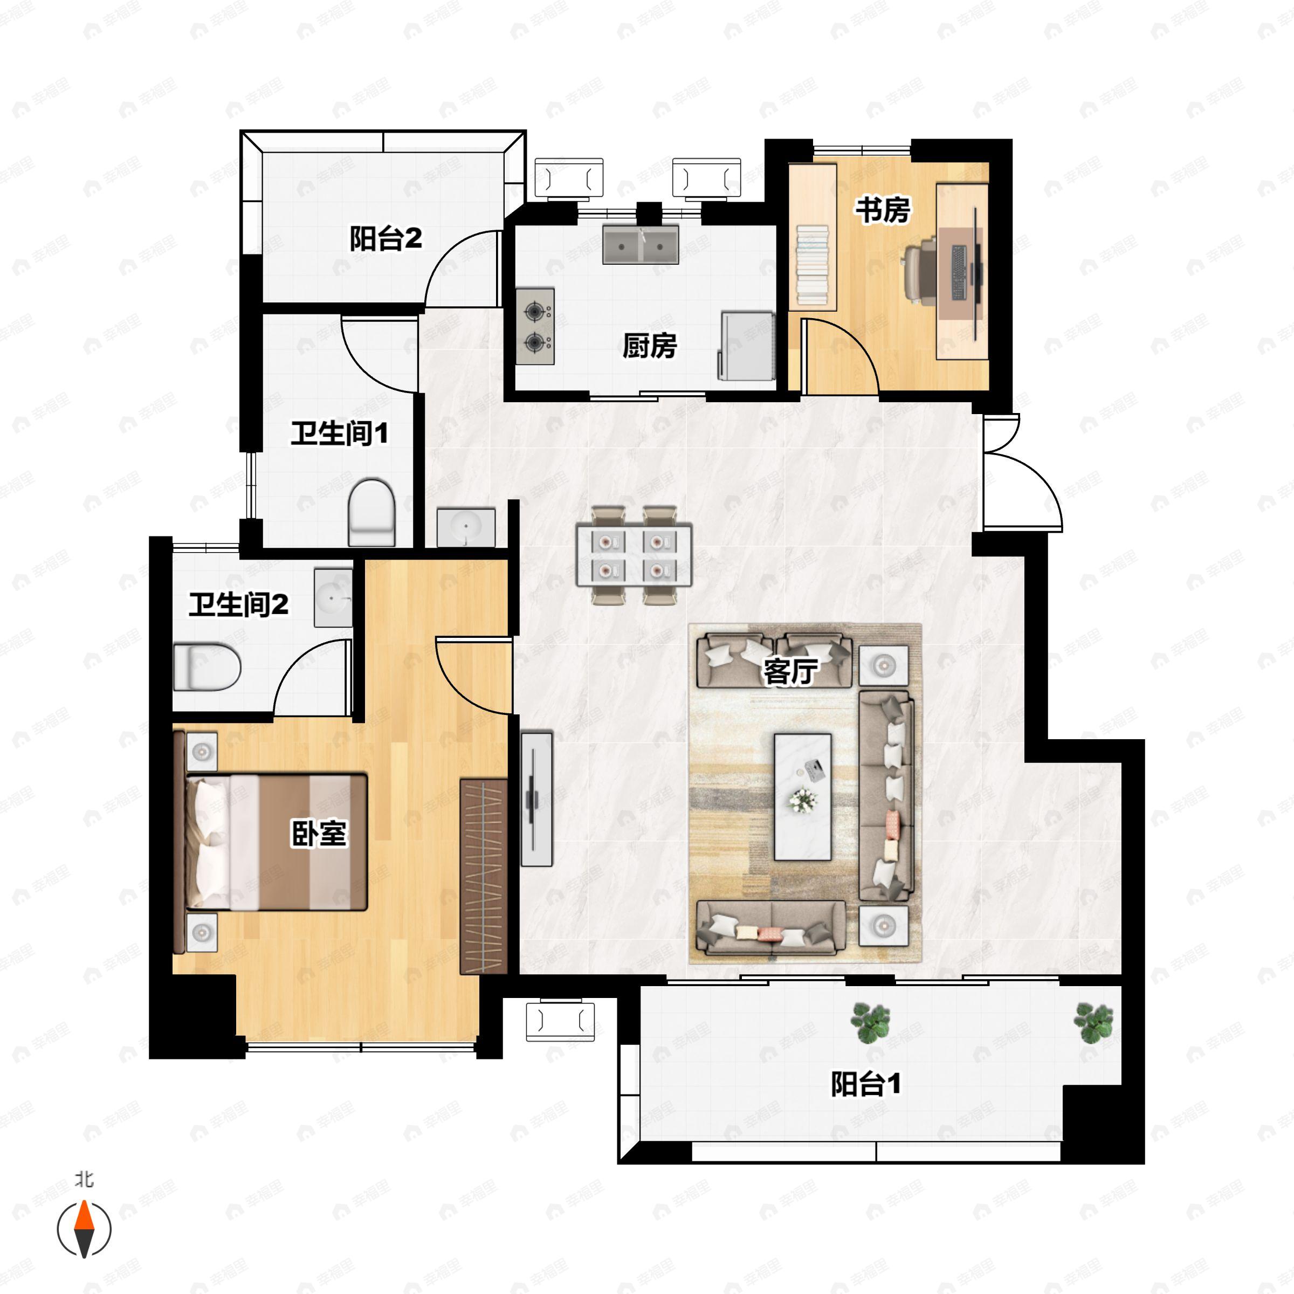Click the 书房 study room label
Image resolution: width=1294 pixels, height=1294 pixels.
[x=882, y=210]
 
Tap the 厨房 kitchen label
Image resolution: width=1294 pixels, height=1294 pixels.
[x=649, y=346]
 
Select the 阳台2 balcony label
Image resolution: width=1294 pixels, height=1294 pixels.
[x=386, y=238]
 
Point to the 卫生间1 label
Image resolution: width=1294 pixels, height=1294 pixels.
[x=339, y=433]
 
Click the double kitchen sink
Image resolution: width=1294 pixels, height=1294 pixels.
[x=641, y=244]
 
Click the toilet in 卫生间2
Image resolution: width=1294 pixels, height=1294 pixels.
[x=207, y=667]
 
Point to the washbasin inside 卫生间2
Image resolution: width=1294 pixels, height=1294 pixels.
[x=333, y=597]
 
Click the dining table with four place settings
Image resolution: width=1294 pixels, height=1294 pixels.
[x=634, y=555]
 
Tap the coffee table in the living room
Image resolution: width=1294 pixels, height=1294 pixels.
[x=802, y=797]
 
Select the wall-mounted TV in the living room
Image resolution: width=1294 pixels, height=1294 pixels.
[x=536, y=799]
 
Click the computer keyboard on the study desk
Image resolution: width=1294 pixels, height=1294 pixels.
[x=959, y=273]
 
